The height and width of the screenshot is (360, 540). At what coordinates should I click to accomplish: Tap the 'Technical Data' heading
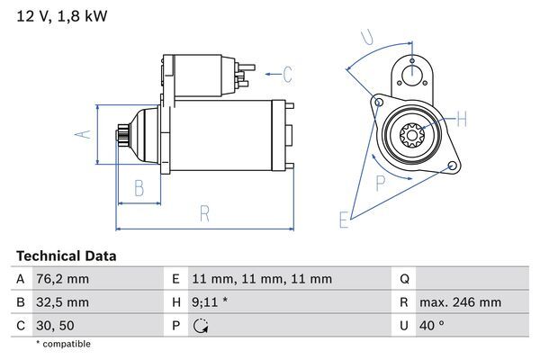pos(67,256)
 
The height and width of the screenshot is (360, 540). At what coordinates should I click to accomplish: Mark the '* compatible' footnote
pos(63,344)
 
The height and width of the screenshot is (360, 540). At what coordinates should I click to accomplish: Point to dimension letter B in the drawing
pos(139,188)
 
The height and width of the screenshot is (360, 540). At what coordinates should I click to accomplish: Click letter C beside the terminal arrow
pos(287,73)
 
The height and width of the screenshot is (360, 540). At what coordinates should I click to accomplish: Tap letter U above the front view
pos(366,37)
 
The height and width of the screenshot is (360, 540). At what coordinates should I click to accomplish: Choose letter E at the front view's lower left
pos(343,219)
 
